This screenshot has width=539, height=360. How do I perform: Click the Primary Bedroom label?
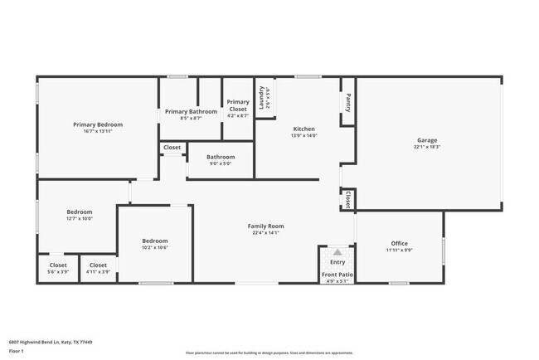97,124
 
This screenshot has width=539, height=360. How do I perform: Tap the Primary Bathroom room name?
191,111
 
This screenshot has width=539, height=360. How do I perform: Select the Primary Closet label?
238,105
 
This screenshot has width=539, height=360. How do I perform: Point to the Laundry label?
261,98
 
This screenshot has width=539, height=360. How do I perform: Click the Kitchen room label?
304,129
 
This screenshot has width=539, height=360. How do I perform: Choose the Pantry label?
348,102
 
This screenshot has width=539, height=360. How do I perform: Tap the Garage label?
427,140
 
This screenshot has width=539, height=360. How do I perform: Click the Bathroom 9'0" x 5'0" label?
221,157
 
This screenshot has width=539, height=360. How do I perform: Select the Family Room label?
266,226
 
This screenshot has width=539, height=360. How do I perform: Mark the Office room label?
399,243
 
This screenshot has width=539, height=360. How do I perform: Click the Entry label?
337,262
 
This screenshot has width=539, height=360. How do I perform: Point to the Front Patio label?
337,275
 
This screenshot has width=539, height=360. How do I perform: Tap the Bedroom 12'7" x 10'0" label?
80,212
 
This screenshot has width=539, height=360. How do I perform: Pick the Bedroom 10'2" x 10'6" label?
154,241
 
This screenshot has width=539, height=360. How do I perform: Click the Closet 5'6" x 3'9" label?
58,265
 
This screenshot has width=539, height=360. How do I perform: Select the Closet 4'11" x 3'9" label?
98,265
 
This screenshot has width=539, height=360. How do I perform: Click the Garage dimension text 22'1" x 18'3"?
427,147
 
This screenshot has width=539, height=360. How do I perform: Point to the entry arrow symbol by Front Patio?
337,252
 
